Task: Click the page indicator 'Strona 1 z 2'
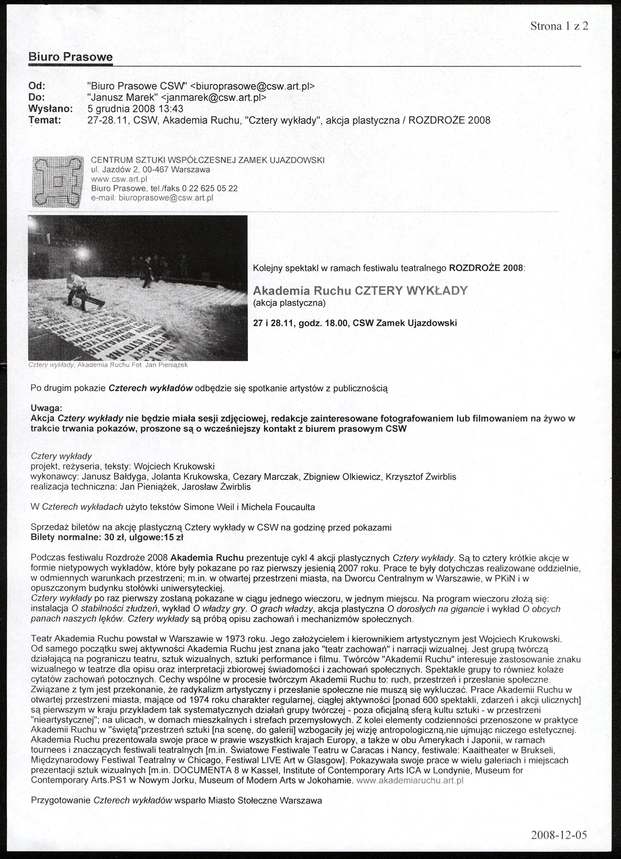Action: [x=559, y=26]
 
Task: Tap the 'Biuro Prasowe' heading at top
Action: [x=70, y=57]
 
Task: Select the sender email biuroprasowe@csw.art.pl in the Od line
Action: [x=252, y=86]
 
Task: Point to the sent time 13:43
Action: [x=170, y=109]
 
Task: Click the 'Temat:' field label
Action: [x=44, y=120]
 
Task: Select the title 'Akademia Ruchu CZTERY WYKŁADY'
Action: [x=360, y=291]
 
